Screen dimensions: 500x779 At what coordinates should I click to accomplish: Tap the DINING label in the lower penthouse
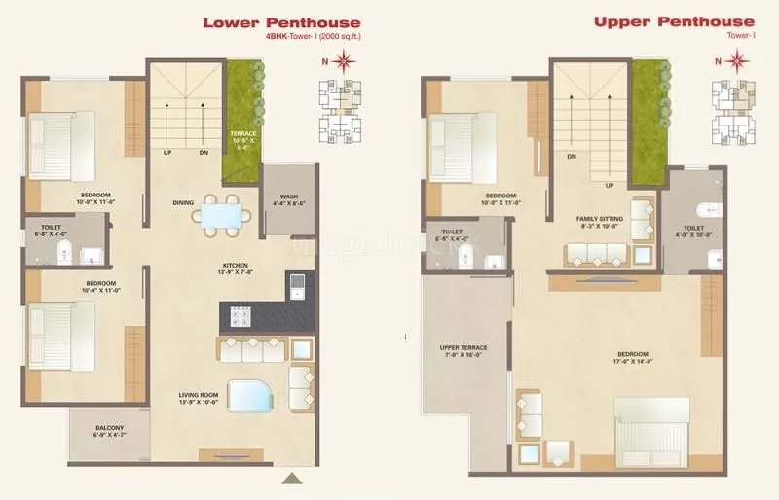click(182, 202)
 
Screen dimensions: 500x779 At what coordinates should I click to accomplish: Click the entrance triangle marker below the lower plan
click(291, 479)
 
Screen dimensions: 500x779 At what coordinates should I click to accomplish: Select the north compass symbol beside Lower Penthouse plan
click(342, 63)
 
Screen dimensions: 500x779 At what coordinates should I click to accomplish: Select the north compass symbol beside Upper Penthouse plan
click(737, 63)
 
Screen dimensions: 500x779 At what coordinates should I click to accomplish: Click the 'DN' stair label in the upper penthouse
click(572, 156)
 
